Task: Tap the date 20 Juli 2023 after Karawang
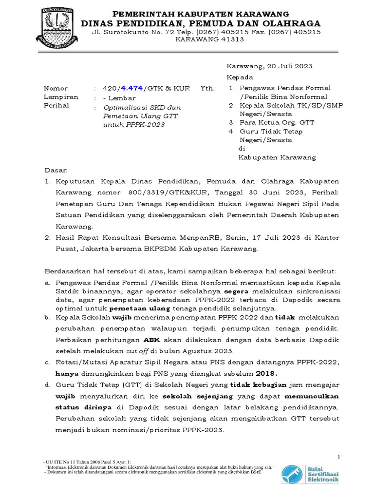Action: [x=289, y=66]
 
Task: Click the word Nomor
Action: [x=56, y=88]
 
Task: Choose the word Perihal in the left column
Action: [x=57, y=105]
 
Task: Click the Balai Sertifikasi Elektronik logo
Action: [x=311, y=473]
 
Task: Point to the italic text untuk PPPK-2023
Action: [x=134, y=125]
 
